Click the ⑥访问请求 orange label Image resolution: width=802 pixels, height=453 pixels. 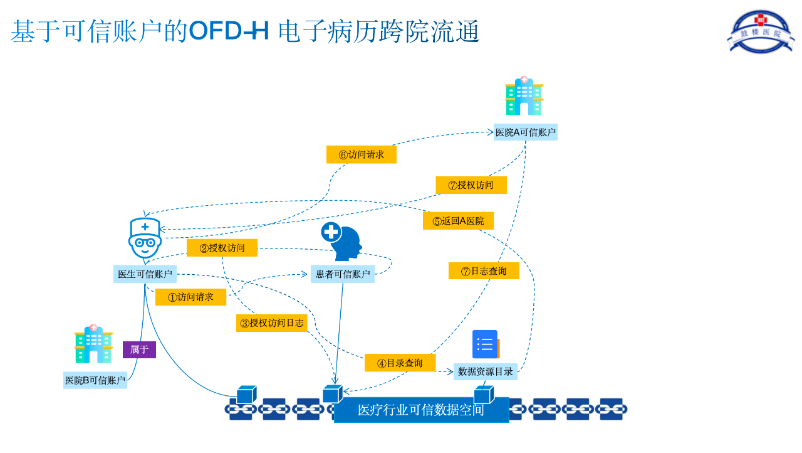click(x=362, y=154)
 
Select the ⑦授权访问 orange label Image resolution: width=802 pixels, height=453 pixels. click(x=471, y=185)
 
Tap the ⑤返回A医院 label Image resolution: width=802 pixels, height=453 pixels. click(x=458, y=221)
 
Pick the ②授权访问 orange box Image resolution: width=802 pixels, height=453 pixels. click(x=222, y=248)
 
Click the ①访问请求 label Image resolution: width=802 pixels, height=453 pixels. click(x=191, y=297)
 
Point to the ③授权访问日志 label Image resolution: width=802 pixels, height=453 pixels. click(x=272, y=323)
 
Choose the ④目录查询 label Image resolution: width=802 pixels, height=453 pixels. click(x=400, y=363)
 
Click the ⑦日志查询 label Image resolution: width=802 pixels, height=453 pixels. click(x=484, y=270)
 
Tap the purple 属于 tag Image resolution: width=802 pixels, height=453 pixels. click(x=139, y=349)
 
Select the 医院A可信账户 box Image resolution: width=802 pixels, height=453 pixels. click(x=526, y=132)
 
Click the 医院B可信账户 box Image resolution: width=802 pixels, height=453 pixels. click(x=95, y=380)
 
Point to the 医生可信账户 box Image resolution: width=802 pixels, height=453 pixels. click(x=145, y=274)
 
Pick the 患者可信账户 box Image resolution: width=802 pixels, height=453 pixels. click(x=343, y=274)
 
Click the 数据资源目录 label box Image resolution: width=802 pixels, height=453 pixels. click(x=486, y=371)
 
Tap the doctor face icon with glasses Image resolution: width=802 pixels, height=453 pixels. click(x=145, y=238)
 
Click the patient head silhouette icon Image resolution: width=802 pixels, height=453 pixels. click(x=342, y=241)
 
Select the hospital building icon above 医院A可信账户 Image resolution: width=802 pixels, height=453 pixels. click(x=524, y=96)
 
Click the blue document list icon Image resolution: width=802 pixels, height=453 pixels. click(x=486, y=344)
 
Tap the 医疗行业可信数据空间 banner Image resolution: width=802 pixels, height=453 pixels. click(x=422, y=410)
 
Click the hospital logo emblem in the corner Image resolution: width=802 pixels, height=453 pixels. click(x=761, y=31)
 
